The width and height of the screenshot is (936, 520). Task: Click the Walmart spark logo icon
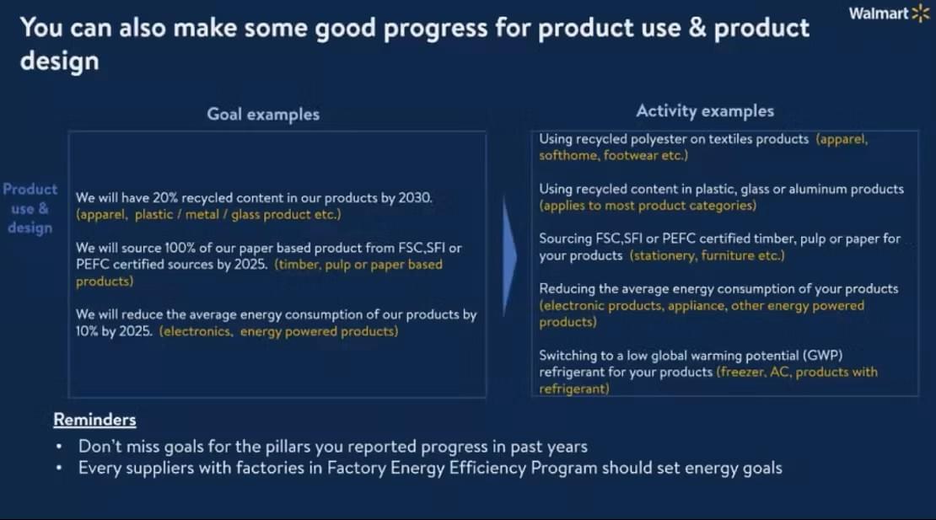click(921, 13)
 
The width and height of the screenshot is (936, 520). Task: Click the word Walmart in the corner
click(879, 13)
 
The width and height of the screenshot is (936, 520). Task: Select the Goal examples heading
click(263, 114)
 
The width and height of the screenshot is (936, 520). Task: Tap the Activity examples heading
click(705, 111)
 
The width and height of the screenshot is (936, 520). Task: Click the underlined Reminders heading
click(94, 420)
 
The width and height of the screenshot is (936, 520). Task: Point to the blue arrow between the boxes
click(509, 255)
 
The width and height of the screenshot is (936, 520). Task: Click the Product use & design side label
click(30, 208)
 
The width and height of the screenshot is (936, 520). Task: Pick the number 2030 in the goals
click(414, 197)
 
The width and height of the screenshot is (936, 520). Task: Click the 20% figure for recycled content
click(164, 197)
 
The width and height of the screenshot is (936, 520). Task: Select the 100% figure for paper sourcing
click(180, 248)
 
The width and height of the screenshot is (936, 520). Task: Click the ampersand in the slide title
click(697, 28)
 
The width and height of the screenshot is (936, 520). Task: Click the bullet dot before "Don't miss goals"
click(58, 447)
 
